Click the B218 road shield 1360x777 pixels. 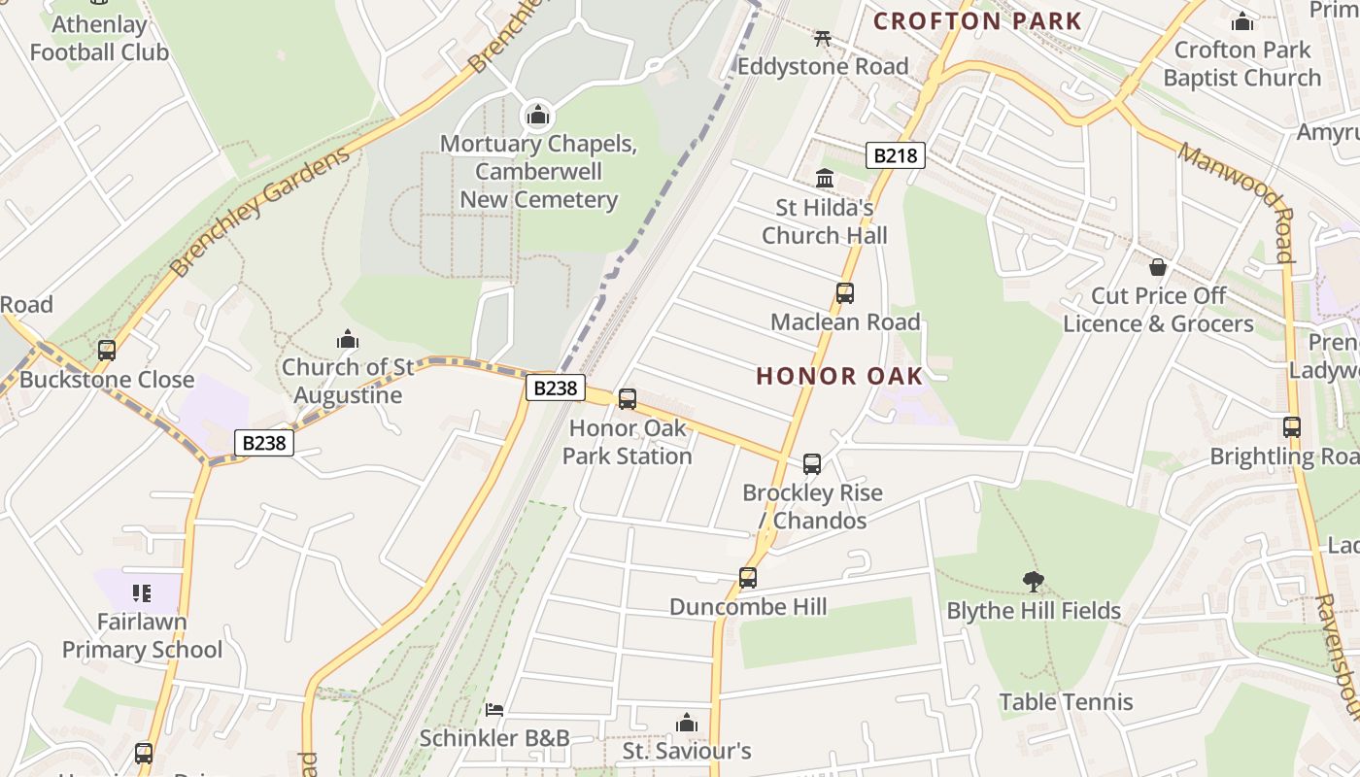click(895, 154)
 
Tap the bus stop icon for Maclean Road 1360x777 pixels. click(845, 292)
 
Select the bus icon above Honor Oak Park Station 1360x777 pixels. click(628, 398)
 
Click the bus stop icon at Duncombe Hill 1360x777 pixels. click(747, 578)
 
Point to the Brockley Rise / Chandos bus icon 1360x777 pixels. click(812, 464)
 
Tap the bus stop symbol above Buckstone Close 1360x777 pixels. click(107, 351)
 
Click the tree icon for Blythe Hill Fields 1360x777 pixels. click(1034, 582)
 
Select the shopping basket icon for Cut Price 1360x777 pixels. click(1158, 266)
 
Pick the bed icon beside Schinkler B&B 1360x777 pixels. click(494, 710)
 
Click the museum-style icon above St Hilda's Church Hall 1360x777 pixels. click(825, 178)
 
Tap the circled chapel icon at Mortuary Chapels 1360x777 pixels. click(538, 116)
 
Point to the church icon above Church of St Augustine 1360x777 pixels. click(348, 339)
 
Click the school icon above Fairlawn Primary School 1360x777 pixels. click(142, 592)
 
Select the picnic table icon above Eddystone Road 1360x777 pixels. click(823, 38)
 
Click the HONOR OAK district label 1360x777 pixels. click(839, 376)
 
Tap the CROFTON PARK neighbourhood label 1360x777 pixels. click(977, 20)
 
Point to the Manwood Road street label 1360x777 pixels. click(1238, 202)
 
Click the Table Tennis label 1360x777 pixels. click(1066, 702)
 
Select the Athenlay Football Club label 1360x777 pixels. click(99, 39)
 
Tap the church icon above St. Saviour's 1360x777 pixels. click(687, 723)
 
